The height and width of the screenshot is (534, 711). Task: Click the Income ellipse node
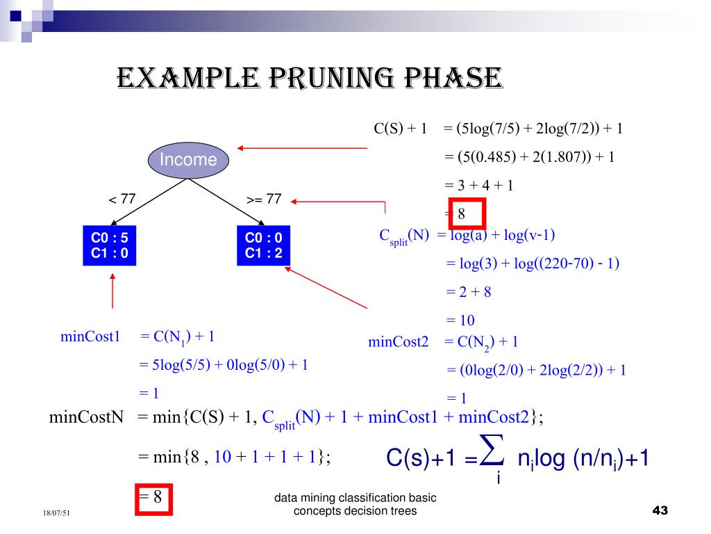click(187, 159)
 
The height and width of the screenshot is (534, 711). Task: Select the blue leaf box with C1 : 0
click(110, 245)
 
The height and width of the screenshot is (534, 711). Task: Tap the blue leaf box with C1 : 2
click(263, 245)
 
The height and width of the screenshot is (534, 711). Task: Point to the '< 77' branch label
click(122, 200)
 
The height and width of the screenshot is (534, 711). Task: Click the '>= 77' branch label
click(264, 200)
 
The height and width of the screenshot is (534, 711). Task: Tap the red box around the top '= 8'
click(467, 213)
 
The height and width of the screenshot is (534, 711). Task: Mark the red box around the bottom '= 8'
click(153, 497)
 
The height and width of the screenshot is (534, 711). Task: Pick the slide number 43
click(660, 511)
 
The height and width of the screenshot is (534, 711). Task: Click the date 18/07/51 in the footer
click(56, 513)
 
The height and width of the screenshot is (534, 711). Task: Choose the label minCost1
click(90, 337)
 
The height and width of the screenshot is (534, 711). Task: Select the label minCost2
click(398, 341)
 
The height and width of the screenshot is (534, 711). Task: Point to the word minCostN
click(86, 417)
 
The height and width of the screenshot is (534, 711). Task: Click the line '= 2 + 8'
click(469, 292)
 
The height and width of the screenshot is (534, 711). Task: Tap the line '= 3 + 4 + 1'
click(478, 185)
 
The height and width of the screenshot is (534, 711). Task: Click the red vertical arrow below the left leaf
click(112, 291)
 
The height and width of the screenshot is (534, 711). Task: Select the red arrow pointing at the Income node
click(301, 147)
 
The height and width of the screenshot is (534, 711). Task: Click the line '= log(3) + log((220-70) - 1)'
click(532, 264)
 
